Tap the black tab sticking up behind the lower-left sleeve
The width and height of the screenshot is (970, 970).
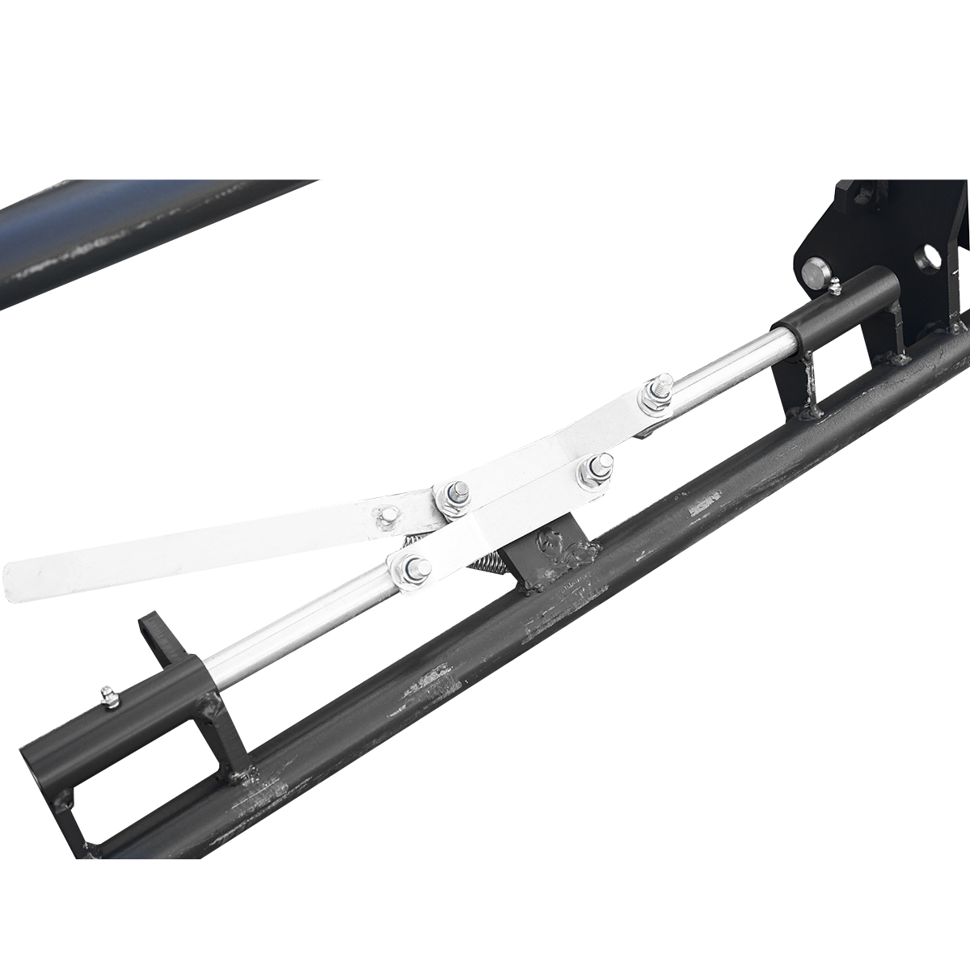[x=154, y=639]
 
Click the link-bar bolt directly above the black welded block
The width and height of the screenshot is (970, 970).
[x=597, y=468]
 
